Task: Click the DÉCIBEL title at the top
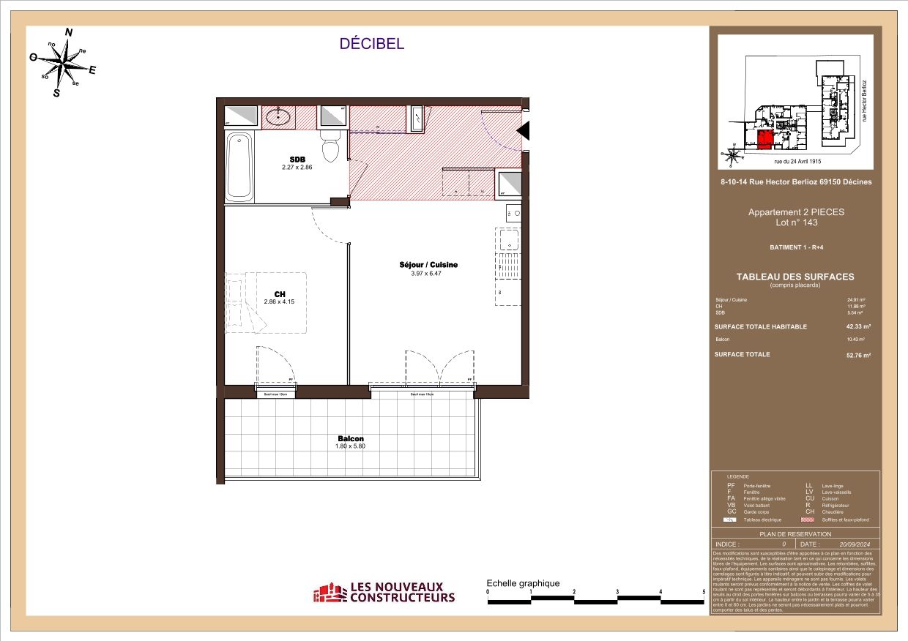[x=371, y=44]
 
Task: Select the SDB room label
[x=297, y=160]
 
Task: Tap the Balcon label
[x=350, y=438]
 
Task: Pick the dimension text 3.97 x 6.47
[x=425, y=273]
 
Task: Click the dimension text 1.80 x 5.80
[x=350, y=446]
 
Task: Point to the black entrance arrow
[x=524, y=130]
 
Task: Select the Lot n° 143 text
[x=795, y=222]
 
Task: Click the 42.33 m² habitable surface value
[x=857, y=326]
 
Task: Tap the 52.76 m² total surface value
[x=857, y=355]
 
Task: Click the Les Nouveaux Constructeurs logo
[x=384, y=593]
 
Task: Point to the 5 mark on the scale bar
[x=704, y=592]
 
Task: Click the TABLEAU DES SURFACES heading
[x=795, y=277]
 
